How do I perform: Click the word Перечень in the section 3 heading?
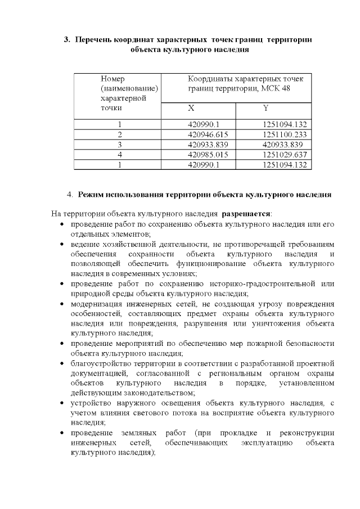tap(93, 40)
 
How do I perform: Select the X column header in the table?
tap(191, 108)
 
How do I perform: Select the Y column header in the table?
tap(265, 108)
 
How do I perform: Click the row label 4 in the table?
tap(120, 155)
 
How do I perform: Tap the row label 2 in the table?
tap(120, 134)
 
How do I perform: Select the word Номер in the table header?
tap(112, 78)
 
